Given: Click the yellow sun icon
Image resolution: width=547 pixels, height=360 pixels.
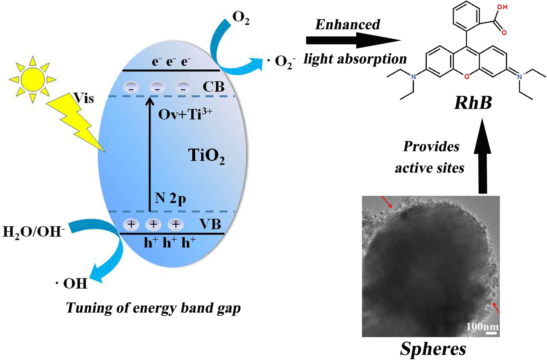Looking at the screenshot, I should tap(32, 80).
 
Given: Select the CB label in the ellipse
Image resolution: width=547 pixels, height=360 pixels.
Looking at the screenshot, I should tap(213, 87).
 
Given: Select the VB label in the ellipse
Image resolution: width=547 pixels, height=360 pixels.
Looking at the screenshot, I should tap(210, 224).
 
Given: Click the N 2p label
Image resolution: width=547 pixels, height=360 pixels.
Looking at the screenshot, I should tap(170, 198).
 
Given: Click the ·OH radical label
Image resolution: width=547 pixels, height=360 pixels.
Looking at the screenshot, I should tap(72, 283).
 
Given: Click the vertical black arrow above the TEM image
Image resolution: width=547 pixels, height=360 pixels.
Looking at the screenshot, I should tap(482, 157).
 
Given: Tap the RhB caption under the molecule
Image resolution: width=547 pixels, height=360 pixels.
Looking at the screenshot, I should tap(473, 103).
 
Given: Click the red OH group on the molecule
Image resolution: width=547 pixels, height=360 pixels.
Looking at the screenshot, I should tap(502, 7).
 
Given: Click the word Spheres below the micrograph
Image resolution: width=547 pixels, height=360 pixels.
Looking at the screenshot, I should tap(433, 349).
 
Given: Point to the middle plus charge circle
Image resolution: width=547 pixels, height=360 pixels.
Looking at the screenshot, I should tap(153, 224).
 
